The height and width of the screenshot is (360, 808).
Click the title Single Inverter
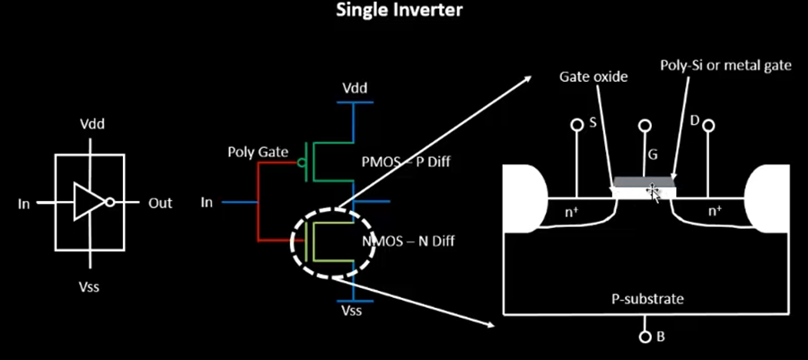pos(400,10)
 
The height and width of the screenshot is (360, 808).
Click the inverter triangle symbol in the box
pos(90,201)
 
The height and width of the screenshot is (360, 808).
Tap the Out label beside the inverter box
pos(161,203)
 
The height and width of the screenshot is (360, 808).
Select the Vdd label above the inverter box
pos(92,125)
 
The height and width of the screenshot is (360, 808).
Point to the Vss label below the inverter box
pos(90,286)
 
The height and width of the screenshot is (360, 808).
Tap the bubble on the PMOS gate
pos(301,162)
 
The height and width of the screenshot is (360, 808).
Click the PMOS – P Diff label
pos(406,162)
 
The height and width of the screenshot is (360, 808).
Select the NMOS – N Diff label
pos(409,240)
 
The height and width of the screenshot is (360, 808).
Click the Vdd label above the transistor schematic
pos(355,88)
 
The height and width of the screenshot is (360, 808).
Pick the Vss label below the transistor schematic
pos(352,310)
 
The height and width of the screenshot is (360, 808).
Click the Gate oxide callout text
pos(593,76)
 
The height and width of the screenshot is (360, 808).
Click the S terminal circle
pos(577,125)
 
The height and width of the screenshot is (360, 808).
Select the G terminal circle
pos(644,125)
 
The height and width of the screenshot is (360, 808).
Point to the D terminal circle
pos(708,125)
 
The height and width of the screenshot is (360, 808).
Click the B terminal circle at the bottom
pos(645,337)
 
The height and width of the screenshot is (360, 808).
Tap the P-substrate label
pos(647,299)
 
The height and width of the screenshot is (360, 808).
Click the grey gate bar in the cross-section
pos(644,182)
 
